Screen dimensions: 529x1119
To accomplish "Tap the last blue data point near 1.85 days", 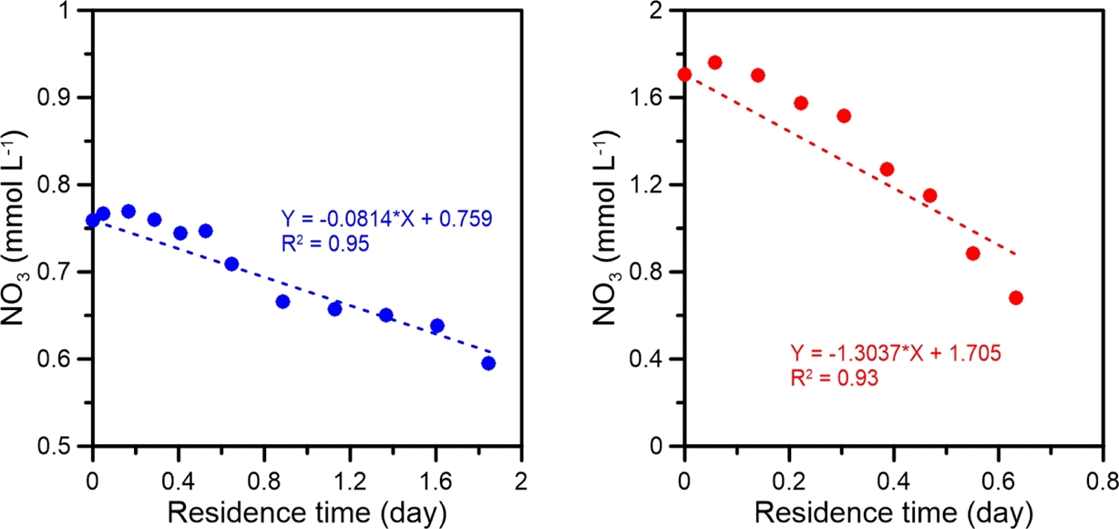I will (x=488, y=363).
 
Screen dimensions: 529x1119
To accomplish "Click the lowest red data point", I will (x=1016, y=297).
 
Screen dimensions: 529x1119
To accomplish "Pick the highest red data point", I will (x=714, y=62).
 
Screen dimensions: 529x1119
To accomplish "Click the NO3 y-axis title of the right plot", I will (x=614, y=228).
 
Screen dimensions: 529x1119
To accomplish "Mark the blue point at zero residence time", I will (x=92, y=220).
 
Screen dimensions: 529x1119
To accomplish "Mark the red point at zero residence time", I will (x=685, y=74).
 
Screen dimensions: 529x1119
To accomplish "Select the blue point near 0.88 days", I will (x=282, y=301).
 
